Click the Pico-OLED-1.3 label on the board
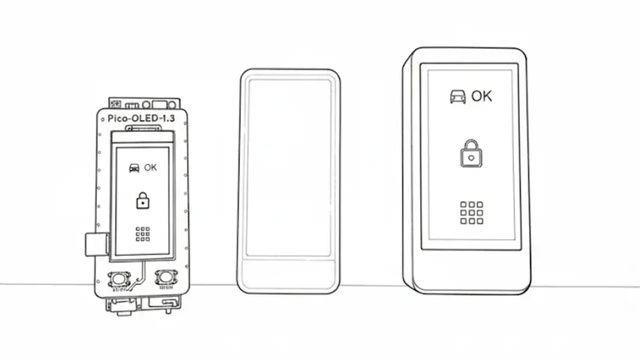(x=141, y=118)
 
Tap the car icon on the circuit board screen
(x=134, y=168)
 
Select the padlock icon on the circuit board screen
(x=143, y=201)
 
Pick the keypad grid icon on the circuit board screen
(x=143, y=233)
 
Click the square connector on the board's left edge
(x=95, y=244)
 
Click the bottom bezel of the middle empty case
(x=289, y=274)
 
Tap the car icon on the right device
(x=455, y=97)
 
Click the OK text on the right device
(x=482, y=96)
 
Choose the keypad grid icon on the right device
(x=470, y=212)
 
